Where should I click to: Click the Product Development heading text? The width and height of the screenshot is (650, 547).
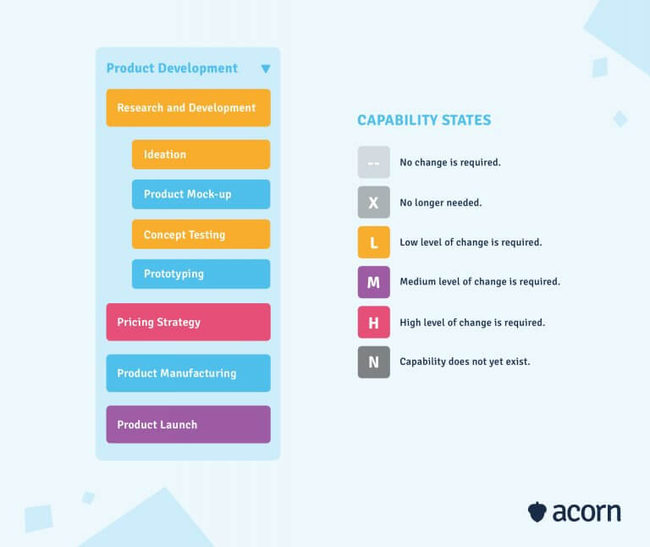172,69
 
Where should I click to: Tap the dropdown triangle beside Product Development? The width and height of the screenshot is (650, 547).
265,69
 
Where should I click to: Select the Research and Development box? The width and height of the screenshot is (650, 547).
188,108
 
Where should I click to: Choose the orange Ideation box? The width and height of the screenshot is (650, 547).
201,154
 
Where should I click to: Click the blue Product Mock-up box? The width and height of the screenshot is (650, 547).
201,194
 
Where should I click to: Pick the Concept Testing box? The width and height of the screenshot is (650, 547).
201,235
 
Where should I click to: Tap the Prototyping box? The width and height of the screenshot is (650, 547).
201,274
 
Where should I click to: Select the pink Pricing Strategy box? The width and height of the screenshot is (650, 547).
188,322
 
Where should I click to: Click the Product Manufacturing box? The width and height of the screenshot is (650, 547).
188,373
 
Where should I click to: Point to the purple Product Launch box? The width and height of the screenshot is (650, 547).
188,424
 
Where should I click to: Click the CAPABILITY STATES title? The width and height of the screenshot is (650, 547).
424,120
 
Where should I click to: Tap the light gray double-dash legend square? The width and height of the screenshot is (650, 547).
373,162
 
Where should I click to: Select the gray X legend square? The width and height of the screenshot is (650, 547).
373,202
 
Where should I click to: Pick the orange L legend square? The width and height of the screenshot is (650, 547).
373,242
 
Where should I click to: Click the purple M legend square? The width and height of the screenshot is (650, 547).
373,282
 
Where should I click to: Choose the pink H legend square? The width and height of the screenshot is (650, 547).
373,322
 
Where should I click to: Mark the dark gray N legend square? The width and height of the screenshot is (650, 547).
373,362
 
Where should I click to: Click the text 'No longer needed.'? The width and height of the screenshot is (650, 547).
440,202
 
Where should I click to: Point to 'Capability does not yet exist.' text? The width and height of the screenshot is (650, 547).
465,362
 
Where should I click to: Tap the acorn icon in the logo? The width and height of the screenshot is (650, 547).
537,512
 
